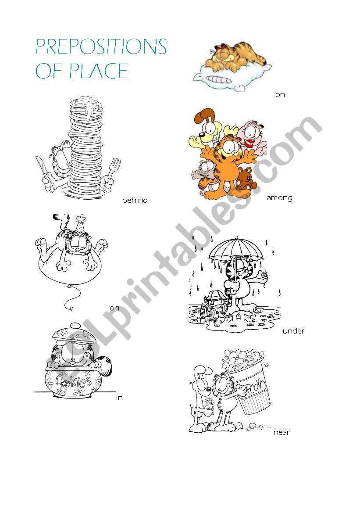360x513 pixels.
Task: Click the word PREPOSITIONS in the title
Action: tap(101, 47)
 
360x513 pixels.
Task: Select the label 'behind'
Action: tap(135, 200)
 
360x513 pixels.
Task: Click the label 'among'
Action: tap(279, 197)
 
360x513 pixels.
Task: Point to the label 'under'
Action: tap(293, 331)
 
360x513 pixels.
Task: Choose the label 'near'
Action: tap(281, 433)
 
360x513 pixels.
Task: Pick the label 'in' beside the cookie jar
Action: tap(119, 398)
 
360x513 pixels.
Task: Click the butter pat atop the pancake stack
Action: tap(86, 100)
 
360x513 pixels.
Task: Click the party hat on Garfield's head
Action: tap(80, 223)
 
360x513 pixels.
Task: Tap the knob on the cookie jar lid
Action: tap(75, 326)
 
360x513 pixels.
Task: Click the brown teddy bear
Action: tap(246, 179)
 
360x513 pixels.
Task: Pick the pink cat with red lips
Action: tap(253, 137)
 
